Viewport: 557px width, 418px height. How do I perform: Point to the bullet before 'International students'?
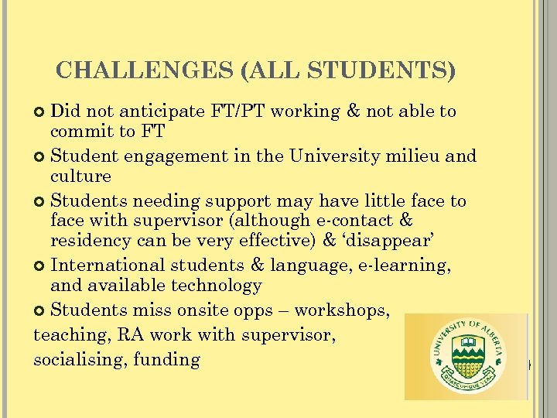pyautogui.click(x=41, y=266)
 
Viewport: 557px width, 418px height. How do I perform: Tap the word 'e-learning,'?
pyautogui.click(x=406, y=266)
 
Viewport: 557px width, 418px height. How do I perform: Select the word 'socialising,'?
pyautogui.click(x=81, y=359)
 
